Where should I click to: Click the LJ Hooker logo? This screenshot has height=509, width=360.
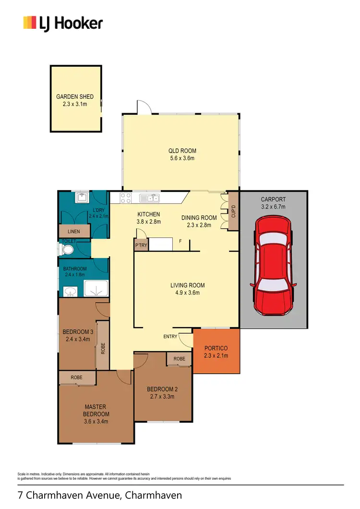[x=63, y=23]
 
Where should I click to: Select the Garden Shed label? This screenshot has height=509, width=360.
[x=75, y=96]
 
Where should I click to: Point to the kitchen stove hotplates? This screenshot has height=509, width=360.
[x=125, y=198]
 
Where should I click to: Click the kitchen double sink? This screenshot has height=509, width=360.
[x=150, y=198]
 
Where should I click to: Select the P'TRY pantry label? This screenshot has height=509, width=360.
[x=141, y=245]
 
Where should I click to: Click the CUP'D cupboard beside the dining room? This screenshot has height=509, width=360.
[x=233, y=212]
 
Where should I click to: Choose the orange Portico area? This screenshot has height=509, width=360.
[x=216, y=351]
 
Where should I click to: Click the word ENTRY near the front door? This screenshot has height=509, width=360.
[x=170, y=336]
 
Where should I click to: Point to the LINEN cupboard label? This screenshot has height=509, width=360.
[x=74, y=231]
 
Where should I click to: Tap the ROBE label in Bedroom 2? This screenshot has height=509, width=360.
[x=180, y=359]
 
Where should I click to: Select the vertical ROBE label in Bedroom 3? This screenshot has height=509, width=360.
[x=103, y=348]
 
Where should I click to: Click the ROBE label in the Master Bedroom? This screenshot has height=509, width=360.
[x=77, y=378]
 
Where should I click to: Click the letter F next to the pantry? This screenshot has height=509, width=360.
[x=180, y=241]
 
